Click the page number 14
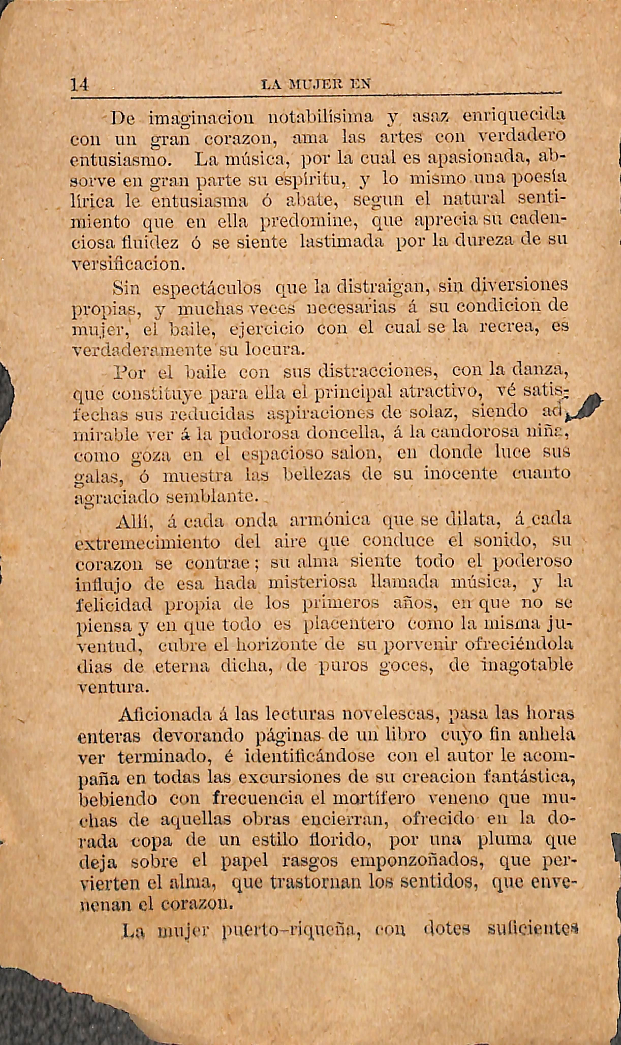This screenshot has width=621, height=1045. pyautogui.click(x=80, y=85)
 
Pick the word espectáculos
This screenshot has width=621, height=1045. pyautogui.click(x=207, y=288)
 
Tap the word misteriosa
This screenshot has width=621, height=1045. pyautogui.click(x=312, y=583)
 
